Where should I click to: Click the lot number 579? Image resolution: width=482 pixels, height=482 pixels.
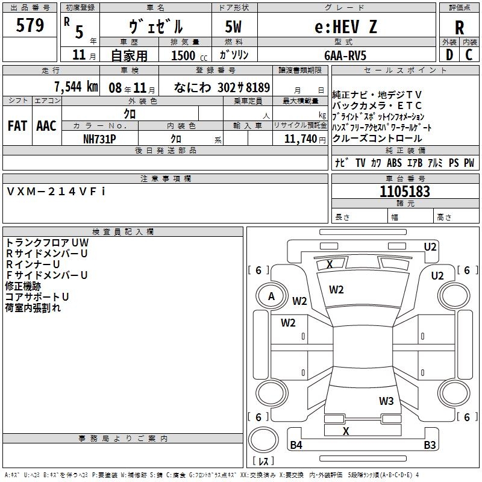tap(30, 26)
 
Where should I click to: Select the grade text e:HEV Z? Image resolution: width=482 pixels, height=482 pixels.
tap(346, 27)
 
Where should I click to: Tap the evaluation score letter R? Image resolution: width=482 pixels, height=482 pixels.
tap(459, 28)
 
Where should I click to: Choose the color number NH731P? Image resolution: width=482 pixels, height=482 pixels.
tap(99, 138)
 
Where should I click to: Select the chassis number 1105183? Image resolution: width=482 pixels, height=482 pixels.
tap(405, 192)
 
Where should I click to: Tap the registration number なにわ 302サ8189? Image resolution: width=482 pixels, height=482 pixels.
tap(221, 87)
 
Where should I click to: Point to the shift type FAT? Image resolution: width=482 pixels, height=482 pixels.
tap(17, 126)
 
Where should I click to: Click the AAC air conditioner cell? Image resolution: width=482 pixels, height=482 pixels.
tap(46, 126)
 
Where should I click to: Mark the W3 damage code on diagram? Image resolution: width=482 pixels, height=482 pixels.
tap(386, 401)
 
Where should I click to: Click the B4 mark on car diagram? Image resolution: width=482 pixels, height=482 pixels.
tap(296, 445)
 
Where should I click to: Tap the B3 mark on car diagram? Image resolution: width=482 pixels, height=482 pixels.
tap(430, 445)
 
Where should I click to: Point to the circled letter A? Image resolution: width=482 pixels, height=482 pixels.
tap(271, 296)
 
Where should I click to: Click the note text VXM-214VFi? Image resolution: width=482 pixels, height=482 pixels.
tap(56, 191)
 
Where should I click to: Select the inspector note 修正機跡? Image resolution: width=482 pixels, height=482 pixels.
tap(23, 286)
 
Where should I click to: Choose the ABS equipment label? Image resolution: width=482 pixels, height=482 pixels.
tap(394, 163)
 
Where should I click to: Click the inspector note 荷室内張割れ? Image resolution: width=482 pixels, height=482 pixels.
tap(33, 308)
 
